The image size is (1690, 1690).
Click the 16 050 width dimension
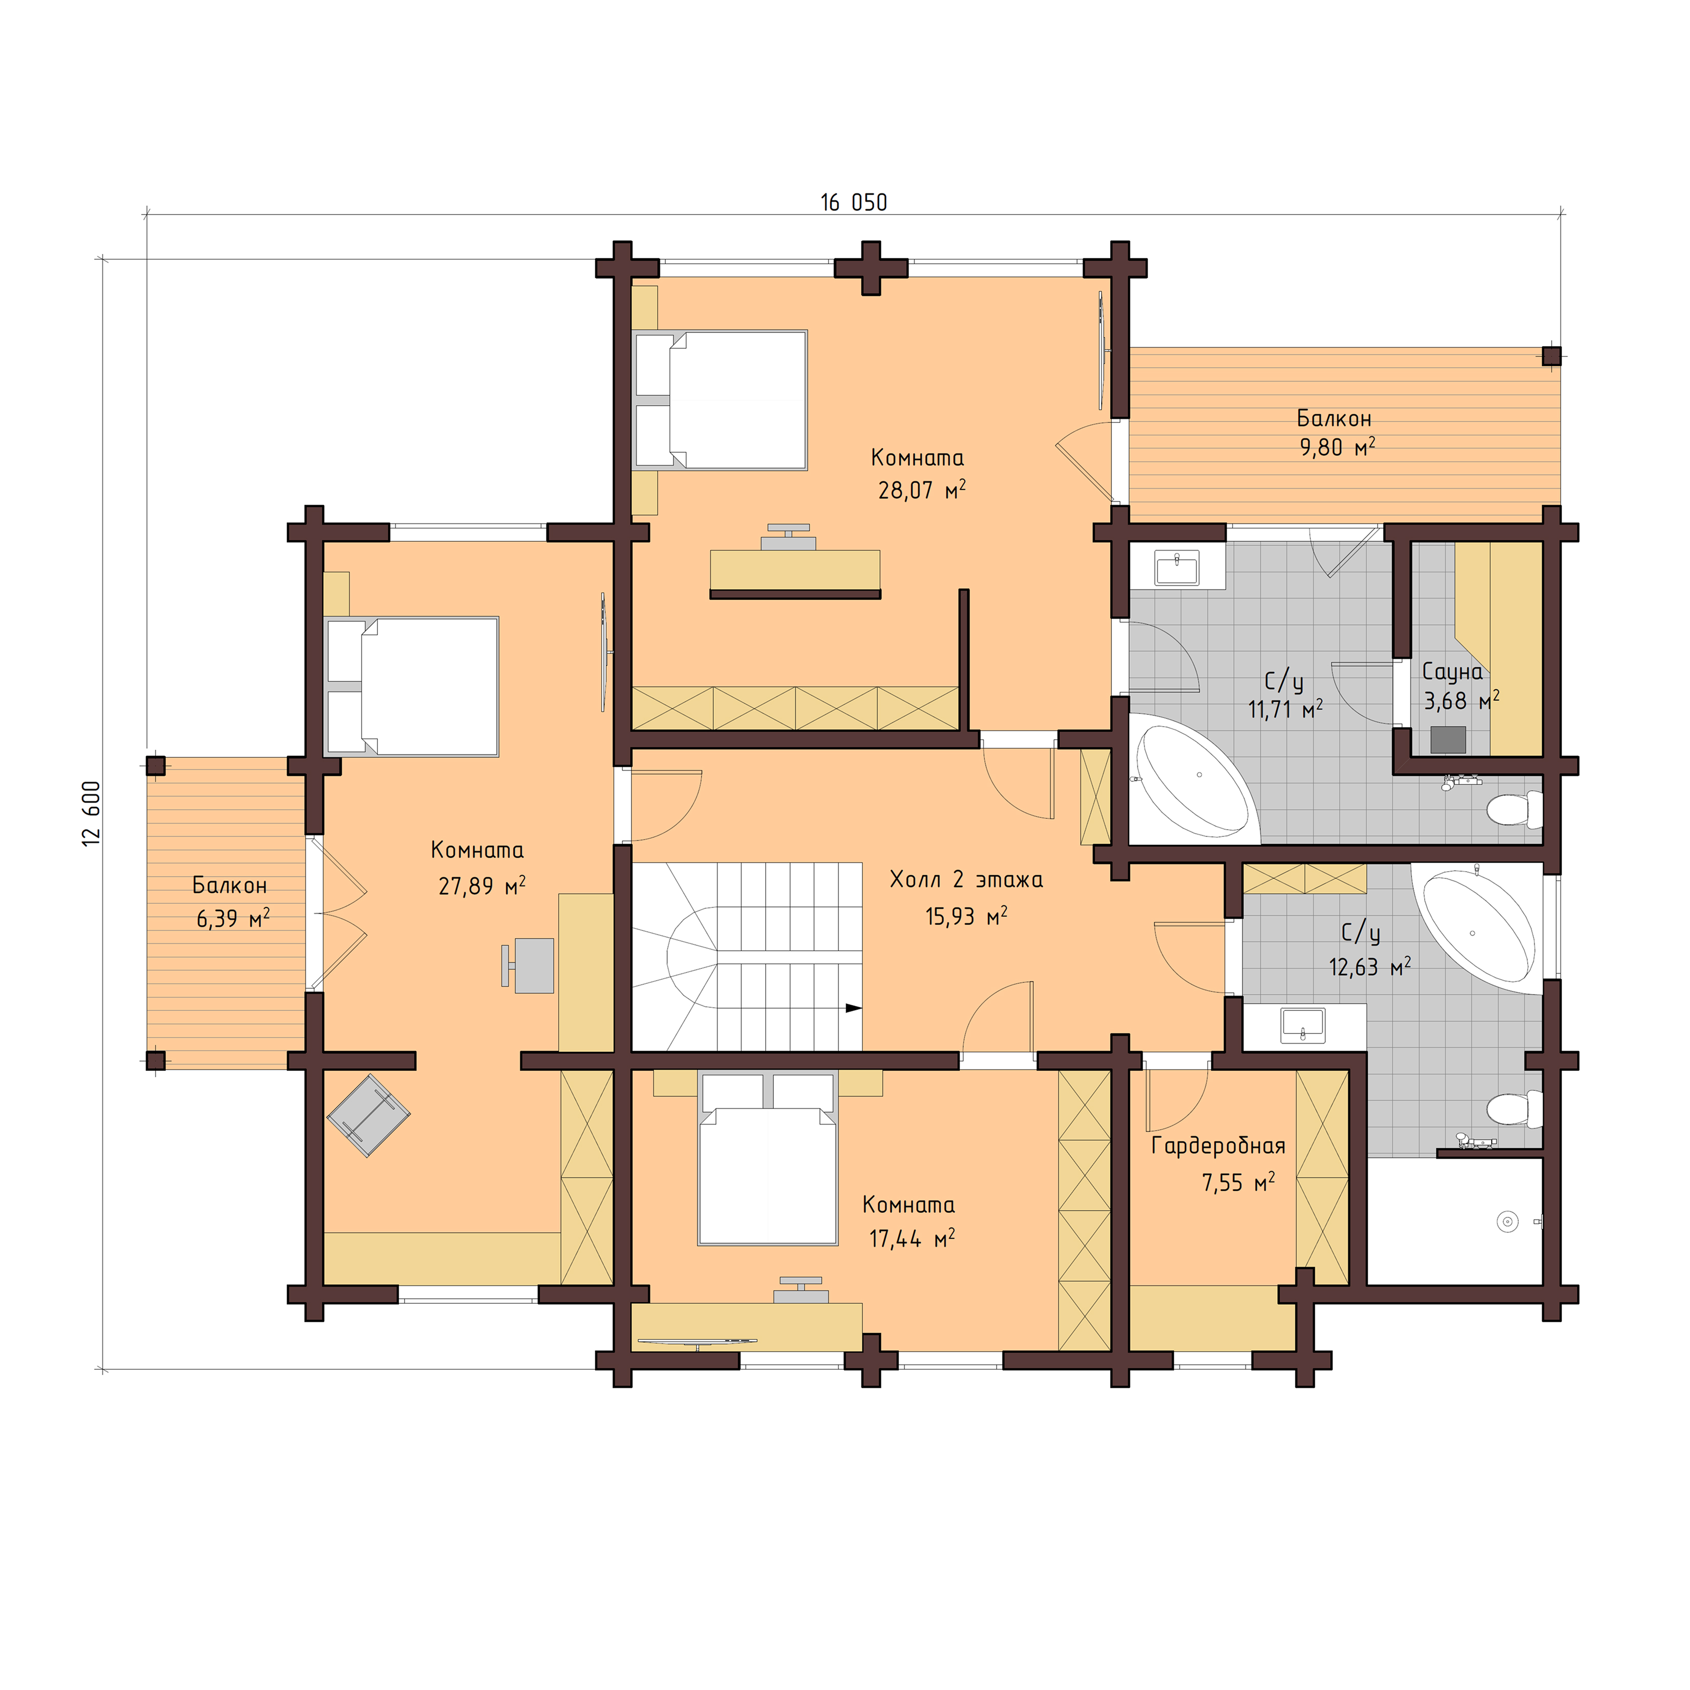pyautogui.click(x=853, y=203)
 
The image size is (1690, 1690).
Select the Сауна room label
pyautogui.click(x=1452, y=672)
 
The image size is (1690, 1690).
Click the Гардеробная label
pyautogui.click(x=1218, y=1147)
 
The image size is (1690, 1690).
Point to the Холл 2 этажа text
pyautogui.click(x=966, y=879)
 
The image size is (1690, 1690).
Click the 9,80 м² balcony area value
pyautogui.click(x=1337, y=448)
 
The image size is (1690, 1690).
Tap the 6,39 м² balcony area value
pyautogui.click(x=233, y=918)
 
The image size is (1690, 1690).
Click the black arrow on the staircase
pyautogui.click(x=853, y=1008)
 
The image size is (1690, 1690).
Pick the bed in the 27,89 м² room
pyautogui.click(x=411, y=687)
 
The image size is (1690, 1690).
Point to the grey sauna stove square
pyautogui.click(x=1448, y=739)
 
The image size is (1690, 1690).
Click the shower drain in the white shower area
pyautogui.click(x=1506, y=1221)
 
